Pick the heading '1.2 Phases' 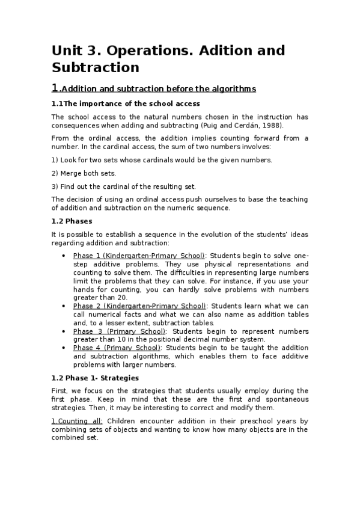tap(71, 221)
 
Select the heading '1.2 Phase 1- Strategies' tap(95, 378)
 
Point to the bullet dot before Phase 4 tap(64, 348)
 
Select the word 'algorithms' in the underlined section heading tap(232, 89)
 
